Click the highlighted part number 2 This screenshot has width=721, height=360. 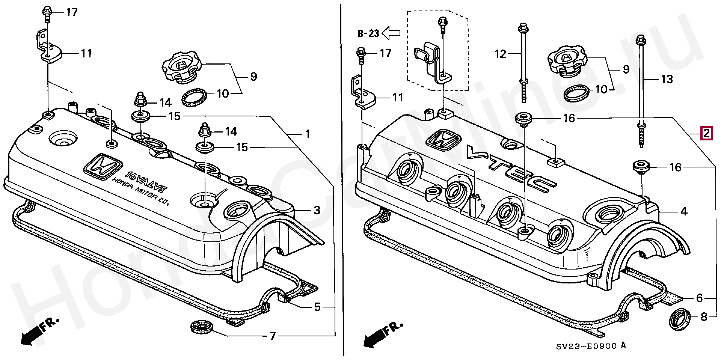coord(706,133)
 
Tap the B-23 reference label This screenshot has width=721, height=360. coord(368,34)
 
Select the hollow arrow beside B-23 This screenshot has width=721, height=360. coord(391,33)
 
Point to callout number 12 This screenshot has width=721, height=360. coord(500,54)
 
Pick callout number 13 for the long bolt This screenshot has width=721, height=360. coord(667,79)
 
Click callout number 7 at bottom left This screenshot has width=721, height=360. coord(273,336)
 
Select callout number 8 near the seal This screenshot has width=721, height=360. coord(704,317)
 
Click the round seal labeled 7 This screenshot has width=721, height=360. coord(202,327)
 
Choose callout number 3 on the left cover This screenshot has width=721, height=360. coord(317,210)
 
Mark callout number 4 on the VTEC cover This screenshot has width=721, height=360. coord(684,212)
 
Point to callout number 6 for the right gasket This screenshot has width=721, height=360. coord(699,298)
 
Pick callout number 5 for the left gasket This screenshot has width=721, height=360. coord(317,307)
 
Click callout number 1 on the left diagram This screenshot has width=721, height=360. coord(308,134)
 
